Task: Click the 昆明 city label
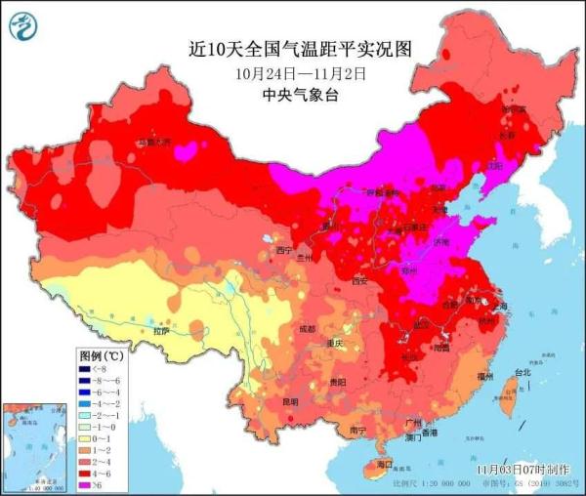click(290, 401)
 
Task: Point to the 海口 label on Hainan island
click(384, 464)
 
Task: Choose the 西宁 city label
click(284, 250)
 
